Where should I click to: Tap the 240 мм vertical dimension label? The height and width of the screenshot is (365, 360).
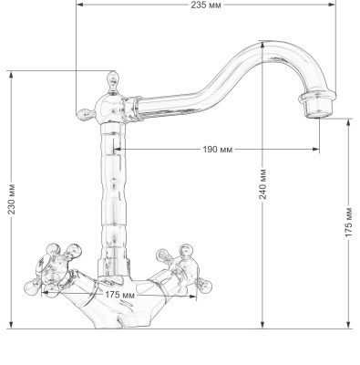[262, 185]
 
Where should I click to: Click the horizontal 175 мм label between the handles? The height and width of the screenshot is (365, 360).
[120, 295]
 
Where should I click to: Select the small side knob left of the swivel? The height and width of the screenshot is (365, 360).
[83, 114]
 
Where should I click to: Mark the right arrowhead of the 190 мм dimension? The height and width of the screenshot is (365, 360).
[318, 150]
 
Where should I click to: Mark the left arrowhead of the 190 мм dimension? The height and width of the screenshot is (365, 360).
[118, 150]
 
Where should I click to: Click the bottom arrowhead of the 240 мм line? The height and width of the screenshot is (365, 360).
[262, 325]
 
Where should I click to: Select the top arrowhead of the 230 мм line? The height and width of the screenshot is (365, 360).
[10, 73]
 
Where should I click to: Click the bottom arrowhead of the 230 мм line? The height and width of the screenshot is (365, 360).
[10, 325]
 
